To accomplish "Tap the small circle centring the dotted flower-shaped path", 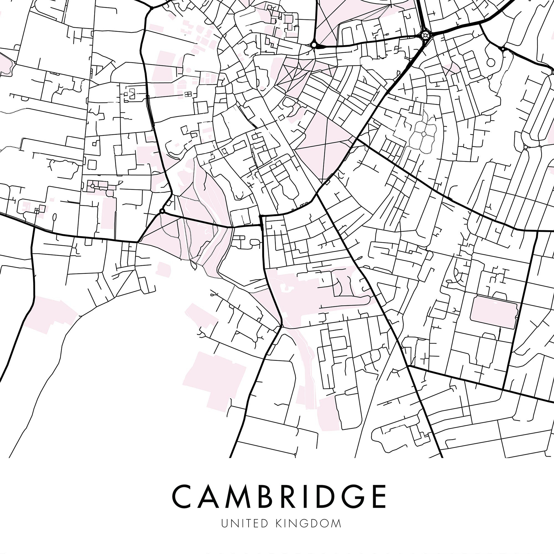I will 424,133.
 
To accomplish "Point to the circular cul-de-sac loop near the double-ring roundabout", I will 491,62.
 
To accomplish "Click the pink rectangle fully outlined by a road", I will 494,312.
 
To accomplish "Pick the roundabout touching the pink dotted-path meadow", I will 162,211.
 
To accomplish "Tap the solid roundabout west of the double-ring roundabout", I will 314,45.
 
